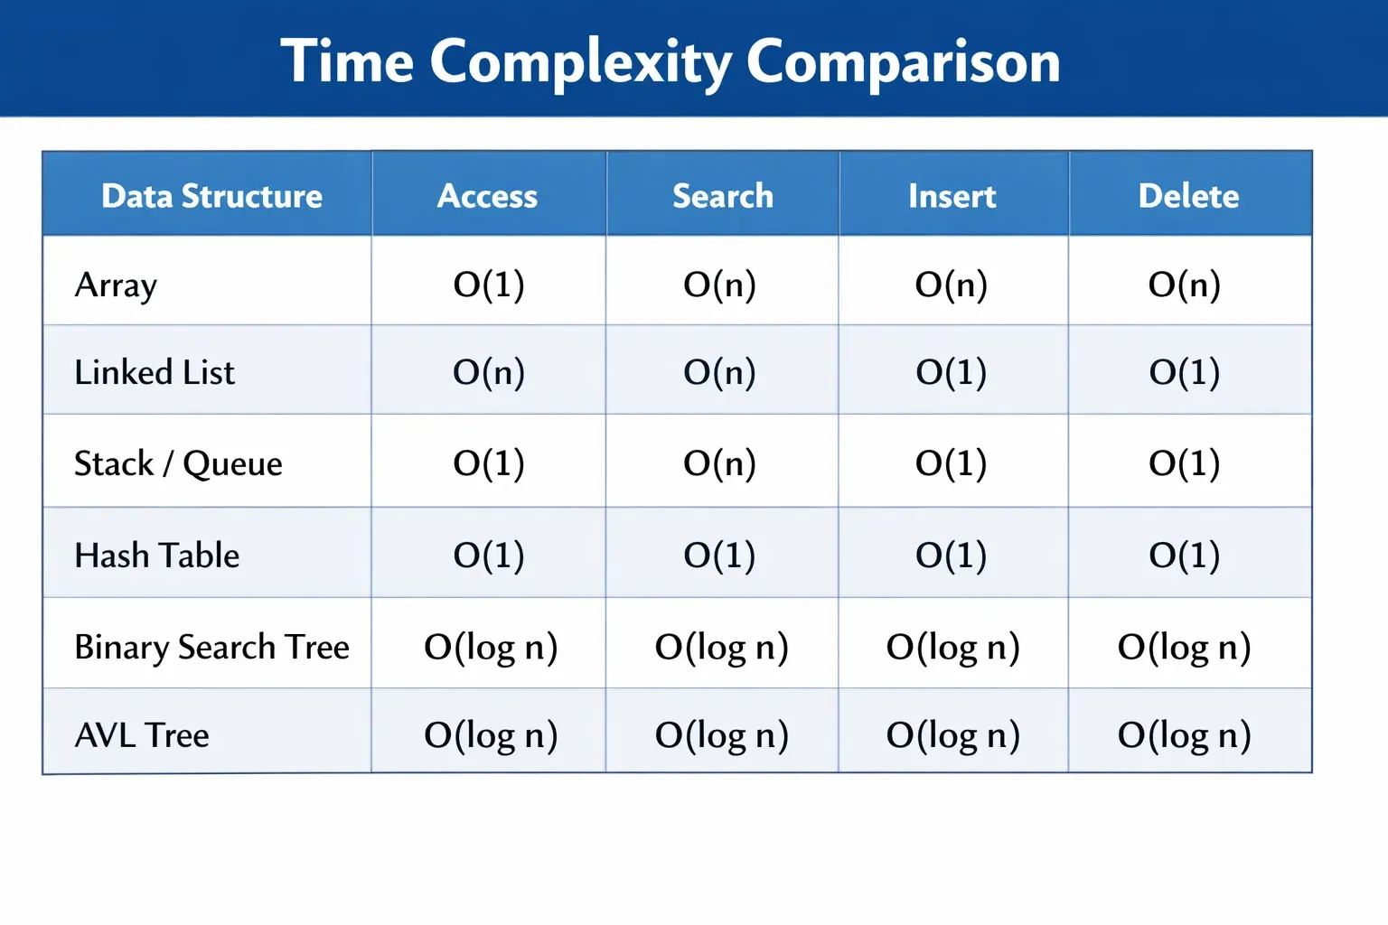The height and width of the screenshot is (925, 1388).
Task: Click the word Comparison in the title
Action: coord(904,62)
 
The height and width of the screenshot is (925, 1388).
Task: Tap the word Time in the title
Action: coord(347,60)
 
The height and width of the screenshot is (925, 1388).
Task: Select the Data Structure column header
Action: coord(212,196)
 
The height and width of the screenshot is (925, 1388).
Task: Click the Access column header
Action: coord(487,196)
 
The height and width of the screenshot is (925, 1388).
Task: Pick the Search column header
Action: coord(723,196)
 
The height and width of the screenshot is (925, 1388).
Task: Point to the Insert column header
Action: coord(952,196)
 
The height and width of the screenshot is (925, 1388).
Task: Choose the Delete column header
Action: coord(1188,196)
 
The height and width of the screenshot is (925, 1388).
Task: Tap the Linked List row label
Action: coord(155,372)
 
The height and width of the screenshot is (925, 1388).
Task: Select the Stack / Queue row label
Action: coord(178,463)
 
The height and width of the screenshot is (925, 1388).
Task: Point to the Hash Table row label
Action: coord(156,555)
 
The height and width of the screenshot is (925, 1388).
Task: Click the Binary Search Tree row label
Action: coord(212,648)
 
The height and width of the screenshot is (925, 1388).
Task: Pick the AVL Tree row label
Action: coord(142,735)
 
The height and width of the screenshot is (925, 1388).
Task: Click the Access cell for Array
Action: coord(489,285)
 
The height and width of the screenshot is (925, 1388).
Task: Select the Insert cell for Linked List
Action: coord(952,372)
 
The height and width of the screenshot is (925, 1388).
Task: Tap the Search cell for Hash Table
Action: coord(719,556)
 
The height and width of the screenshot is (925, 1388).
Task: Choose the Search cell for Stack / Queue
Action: coord(719,463)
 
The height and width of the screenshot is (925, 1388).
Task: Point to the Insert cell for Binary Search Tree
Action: coord(953,648)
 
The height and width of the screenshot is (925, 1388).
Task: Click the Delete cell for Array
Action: coord(1184,285)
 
